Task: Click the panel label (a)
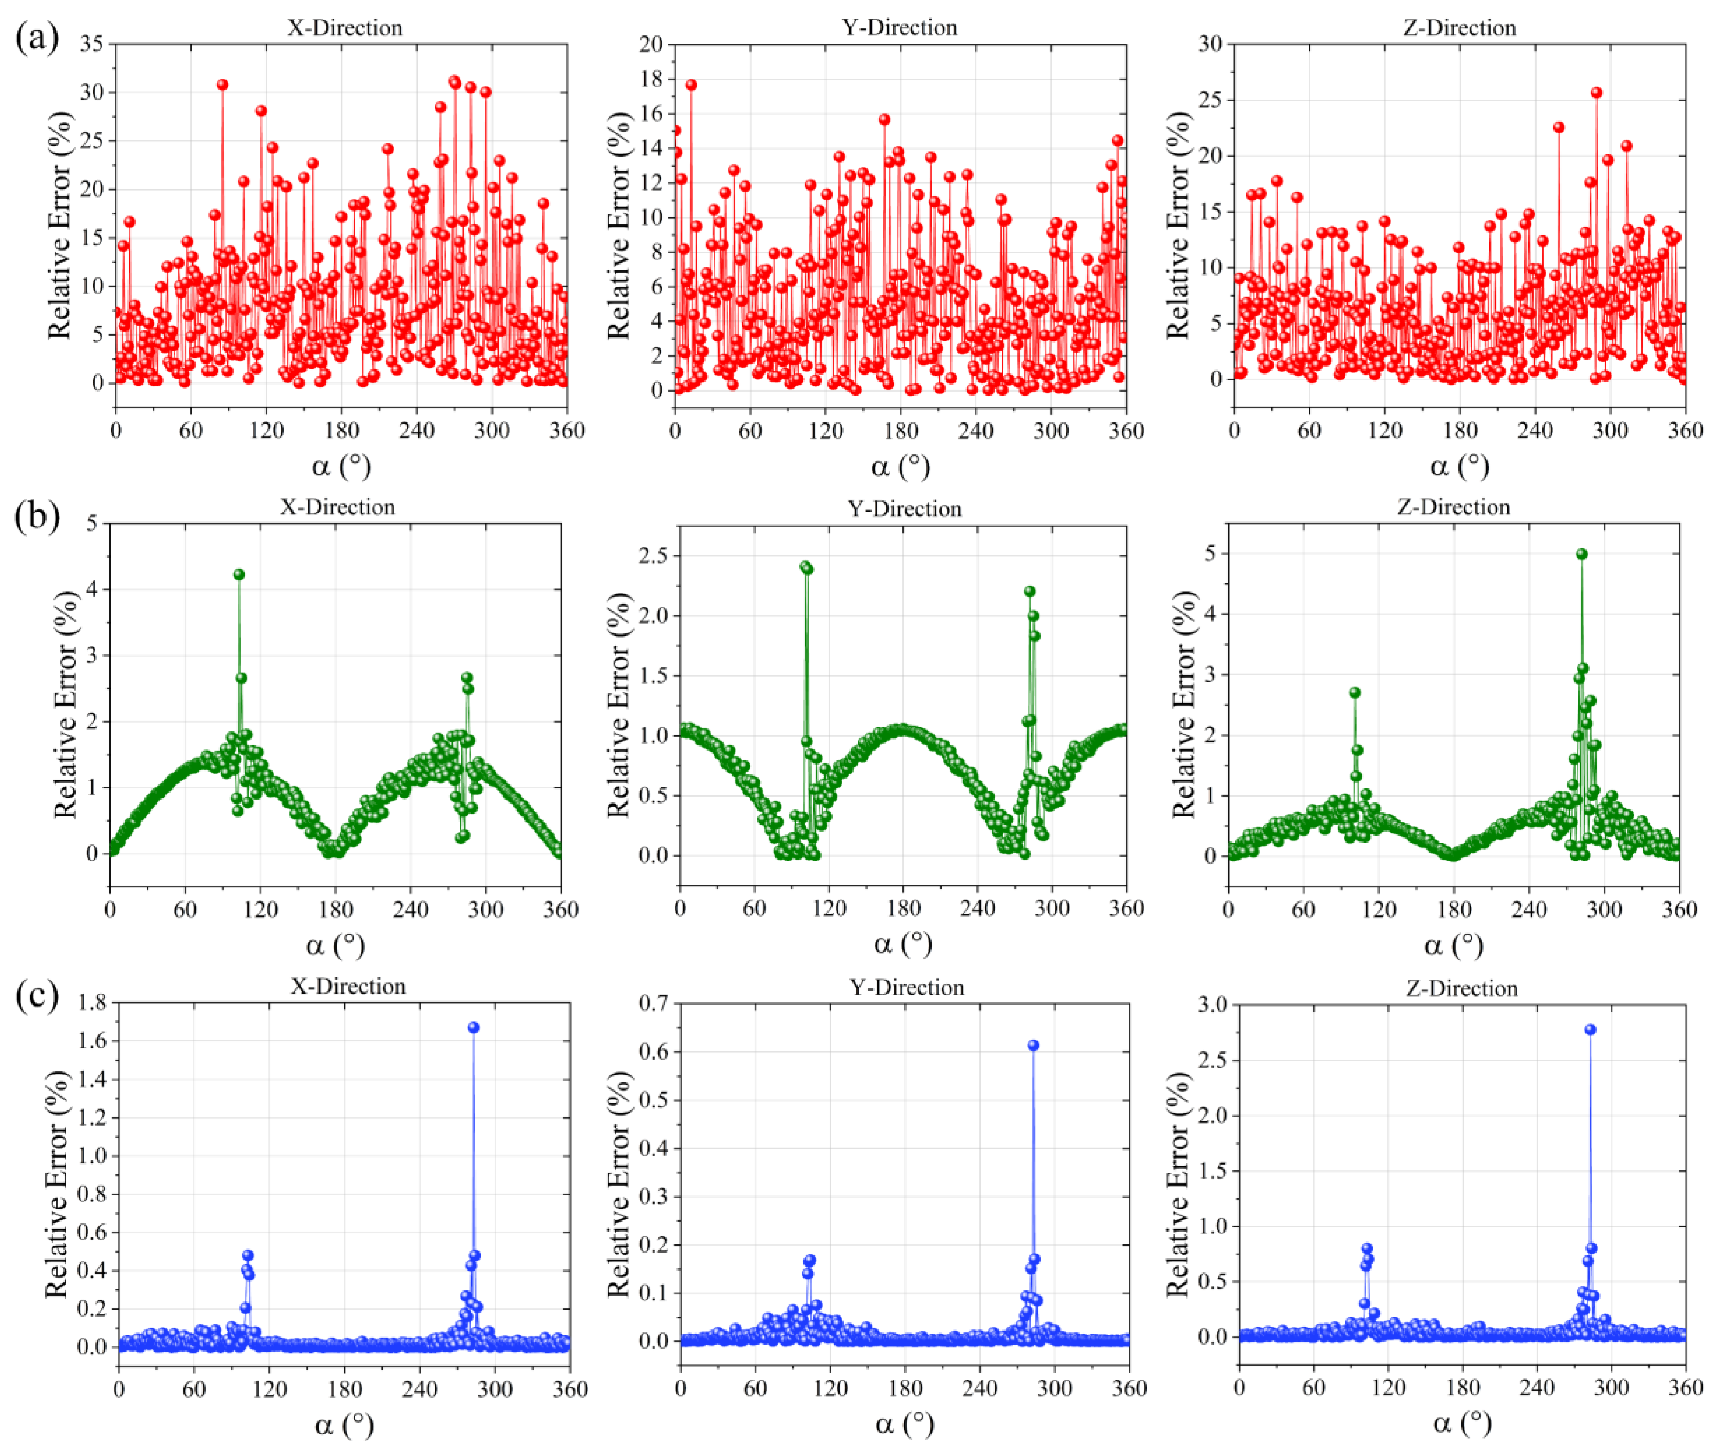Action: [x=37, y=38]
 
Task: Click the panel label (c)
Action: [x=37, y=998]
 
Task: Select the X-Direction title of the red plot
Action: [x=345, y=28]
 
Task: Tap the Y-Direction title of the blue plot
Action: [x=907, y=987]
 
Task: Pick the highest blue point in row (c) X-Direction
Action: [x=474, y=1027]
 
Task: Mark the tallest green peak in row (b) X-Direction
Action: [x=239, y=574]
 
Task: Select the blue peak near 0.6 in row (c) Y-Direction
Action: [x=1033, y=1045]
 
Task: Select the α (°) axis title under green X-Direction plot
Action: [x=335, y=946]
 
